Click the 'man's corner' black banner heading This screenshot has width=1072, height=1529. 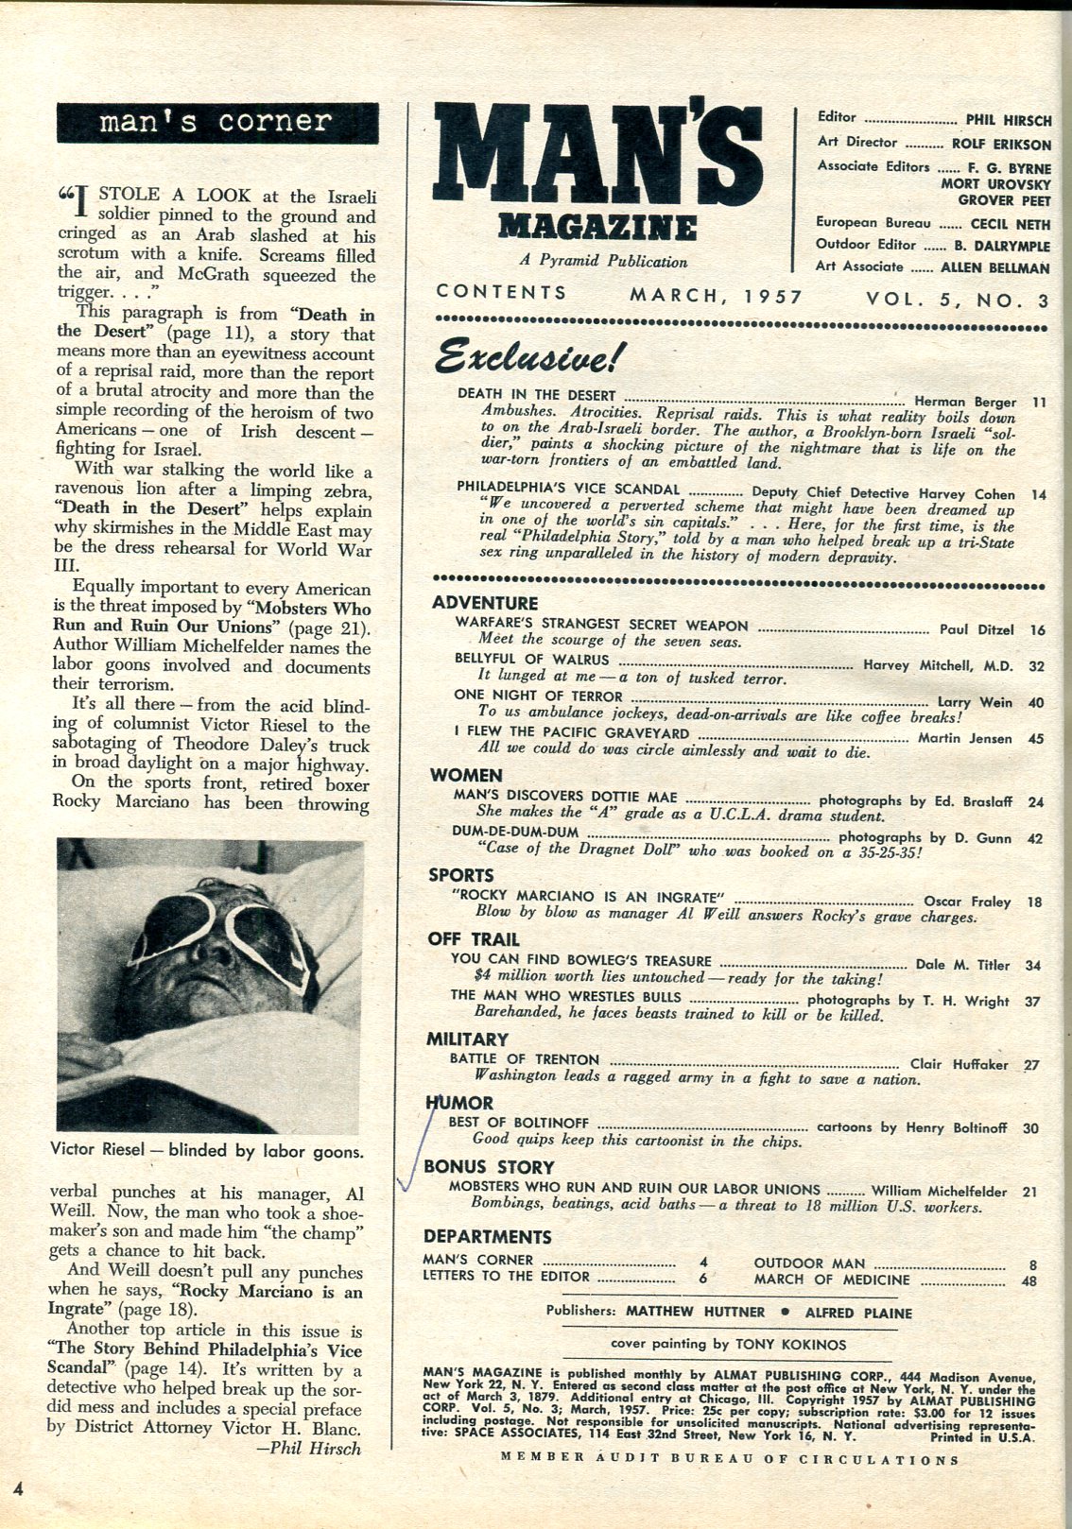pyautogui.click(x=217, y=123)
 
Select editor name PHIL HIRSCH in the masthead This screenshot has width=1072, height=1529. pyautogui.click(x=1008, y=120)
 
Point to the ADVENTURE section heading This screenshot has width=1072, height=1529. pyautogui.click(x=485, y=603)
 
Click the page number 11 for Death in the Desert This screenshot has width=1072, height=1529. pyautogui.click(x=1039, y=402)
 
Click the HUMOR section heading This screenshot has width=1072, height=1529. pyautogui.click(x=459, y=1103)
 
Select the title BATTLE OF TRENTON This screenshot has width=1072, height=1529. pyautogui.click(x=525, y=1059)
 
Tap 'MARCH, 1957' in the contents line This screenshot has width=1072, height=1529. pyautogui.click(x=716, y=296)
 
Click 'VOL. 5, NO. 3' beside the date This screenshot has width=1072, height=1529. pyautogui.click(x=958, y=300)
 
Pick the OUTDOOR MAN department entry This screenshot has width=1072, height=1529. pyautogui.click(x=809, y=1263)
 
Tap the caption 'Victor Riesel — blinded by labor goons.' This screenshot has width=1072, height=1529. pyautogui.click(x=208, y=1152)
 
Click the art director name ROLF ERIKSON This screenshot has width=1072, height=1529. pyautogui.click(x=1000, y=145)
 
